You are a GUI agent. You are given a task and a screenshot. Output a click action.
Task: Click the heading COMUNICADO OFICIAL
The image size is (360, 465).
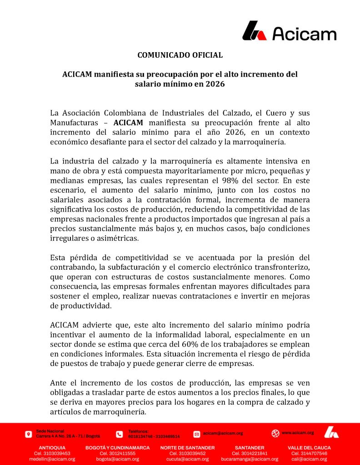click(180, 55)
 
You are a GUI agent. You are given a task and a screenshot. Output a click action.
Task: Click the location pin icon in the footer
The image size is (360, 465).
click(29, 434)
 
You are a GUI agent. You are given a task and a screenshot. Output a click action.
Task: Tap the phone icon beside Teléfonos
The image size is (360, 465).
click(120, 434)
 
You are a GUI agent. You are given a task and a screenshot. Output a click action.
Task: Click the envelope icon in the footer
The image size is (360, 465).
click(197, 434)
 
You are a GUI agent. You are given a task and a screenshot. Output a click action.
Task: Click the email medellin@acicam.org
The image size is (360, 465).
click(52, 459)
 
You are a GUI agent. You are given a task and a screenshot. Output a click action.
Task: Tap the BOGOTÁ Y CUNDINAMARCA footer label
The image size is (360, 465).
click(117, 447)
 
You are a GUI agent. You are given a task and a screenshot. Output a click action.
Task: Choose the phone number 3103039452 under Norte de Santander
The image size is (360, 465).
click(187, 453)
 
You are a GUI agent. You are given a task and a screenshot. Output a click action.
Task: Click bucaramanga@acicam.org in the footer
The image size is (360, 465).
click(250, 459)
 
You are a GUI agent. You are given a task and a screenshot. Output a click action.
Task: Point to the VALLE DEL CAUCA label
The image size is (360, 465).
click(309, 447)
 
